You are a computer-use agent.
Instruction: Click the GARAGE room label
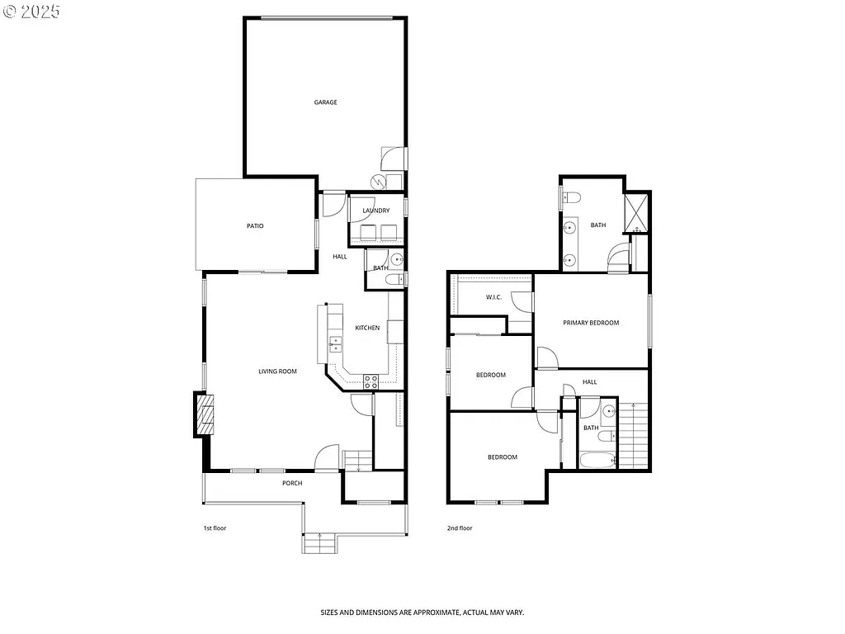(x=325, y=102)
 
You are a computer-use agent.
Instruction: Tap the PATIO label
(x=255, y=225)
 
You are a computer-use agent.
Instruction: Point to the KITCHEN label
(x=367, y=328)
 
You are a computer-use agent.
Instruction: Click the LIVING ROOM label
(x=277, y=371)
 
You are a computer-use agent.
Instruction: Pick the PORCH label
(x=292, y=483)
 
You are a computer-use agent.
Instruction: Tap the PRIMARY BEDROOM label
(x=591, y=323)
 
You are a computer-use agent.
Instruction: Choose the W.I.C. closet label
(x=493, y=297)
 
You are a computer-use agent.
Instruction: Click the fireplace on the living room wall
(x=205, y=415)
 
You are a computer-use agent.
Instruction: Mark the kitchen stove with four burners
(x=371, y=381)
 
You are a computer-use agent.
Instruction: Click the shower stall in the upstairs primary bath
(x=636, y=213)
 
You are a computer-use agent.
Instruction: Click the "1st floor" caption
(x=215, y=528)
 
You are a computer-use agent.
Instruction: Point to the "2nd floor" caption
(x=460, y=528)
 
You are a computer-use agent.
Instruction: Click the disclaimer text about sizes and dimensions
(x=422, y=613)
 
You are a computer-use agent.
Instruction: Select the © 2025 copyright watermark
(x=31, y=12)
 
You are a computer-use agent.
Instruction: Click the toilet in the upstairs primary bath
(x=572, y=197)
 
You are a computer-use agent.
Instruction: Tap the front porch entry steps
(x=319, y=543)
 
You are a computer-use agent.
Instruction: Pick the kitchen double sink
(x=335, y=344)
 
